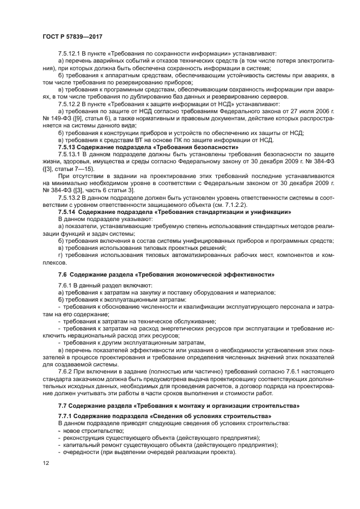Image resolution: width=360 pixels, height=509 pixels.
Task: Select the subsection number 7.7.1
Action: [x=66, y=416]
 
